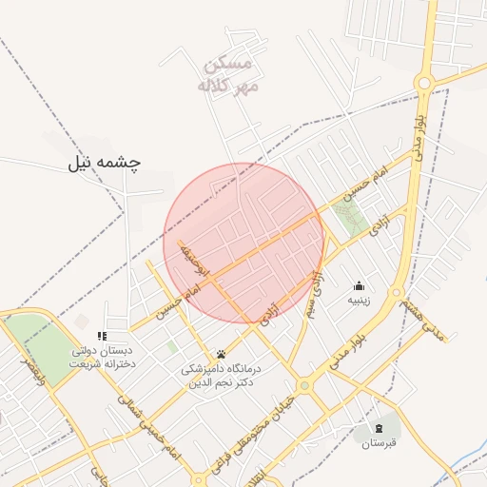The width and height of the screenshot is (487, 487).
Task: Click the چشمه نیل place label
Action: click(x=104, y=163)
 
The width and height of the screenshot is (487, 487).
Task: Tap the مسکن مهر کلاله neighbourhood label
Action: click(x=228, y=75)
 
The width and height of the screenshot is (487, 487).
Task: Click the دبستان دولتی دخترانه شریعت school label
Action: click(x=103, y=357)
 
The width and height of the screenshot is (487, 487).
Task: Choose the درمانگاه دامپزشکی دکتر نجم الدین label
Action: click(x=221, y=374)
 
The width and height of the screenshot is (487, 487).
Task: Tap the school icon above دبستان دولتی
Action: click(x=102, y=336)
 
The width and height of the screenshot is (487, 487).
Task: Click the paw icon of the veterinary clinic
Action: click(x=221, y=354)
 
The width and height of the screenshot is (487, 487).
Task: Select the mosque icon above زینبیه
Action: click(x=359, y=284)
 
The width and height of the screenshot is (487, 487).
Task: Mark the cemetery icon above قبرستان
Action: click(x=380, y=428)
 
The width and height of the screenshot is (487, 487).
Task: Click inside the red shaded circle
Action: click(x=244, y=243)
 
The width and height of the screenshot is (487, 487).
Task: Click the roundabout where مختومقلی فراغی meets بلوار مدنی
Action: click(x=304, y=385)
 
